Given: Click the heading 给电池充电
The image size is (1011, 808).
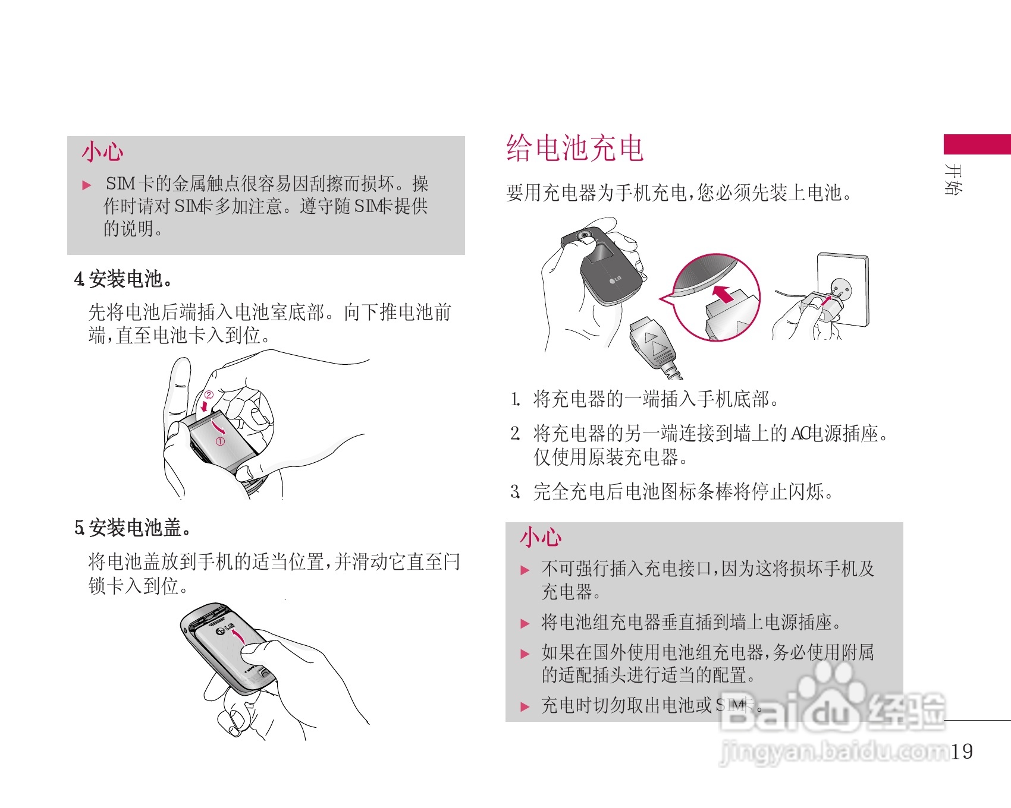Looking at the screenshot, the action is pos(574,148).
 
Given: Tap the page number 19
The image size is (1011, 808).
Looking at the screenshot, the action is pos(962,752).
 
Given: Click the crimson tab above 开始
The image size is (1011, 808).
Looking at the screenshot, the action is pos(977,144).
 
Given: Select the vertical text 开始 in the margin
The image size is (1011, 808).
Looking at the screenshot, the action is pos(953,179).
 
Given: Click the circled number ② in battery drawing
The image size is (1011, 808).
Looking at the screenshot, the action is pos(209,394).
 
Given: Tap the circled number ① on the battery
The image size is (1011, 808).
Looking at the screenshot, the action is pos(220,441).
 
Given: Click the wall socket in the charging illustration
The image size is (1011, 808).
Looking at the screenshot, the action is pos(843,289).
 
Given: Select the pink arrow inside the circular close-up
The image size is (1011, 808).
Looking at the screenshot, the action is pos(723,293).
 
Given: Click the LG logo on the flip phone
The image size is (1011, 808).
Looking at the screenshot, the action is pos(615,280).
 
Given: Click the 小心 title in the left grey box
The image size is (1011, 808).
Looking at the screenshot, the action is pos(102,152).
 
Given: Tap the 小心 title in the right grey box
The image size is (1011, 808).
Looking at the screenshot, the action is pos(541,537).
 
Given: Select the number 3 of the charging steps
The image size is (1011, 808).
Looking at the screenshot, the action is pos(515,492).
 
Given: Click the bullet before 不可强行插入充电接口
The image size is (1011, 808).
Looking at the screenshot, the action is pos(525,570).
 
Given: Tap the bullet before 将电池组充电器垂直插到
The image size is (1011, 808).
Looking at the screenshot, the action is pos(525,624).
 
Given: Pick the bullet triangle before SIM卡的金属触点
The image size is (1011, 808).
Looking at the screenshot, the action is pos(87,185).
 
